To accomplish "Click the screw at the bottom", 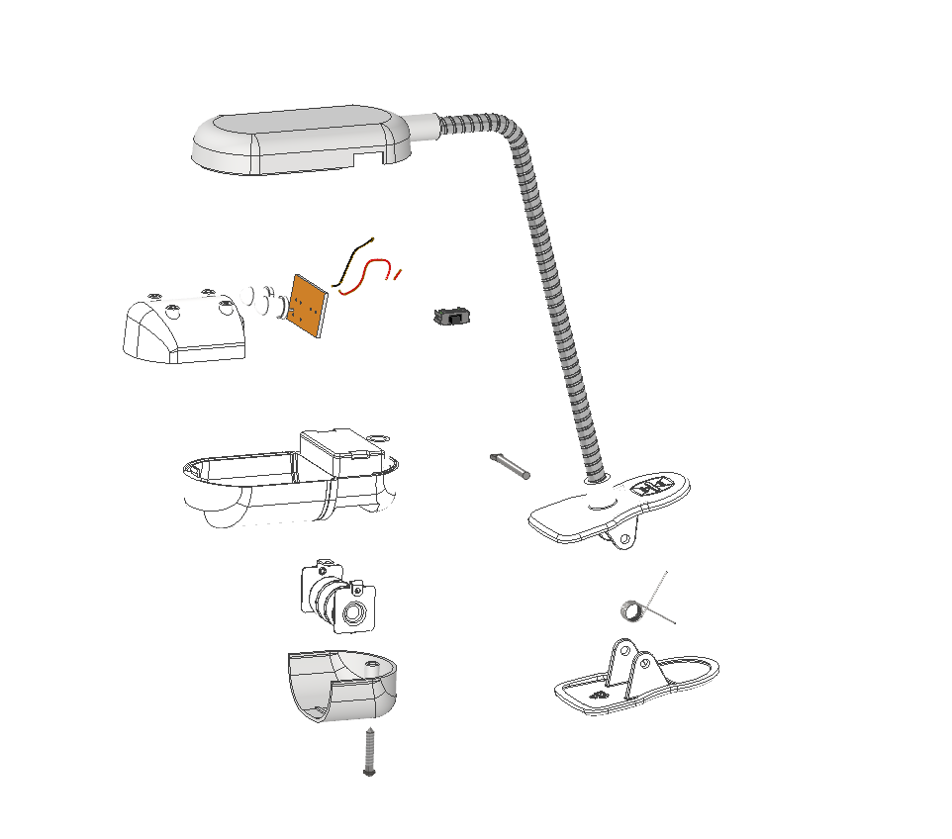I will point(370,751).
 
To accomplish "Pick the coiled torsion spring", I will point(630,609).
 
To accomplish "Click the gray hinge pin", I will point(510,465).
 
